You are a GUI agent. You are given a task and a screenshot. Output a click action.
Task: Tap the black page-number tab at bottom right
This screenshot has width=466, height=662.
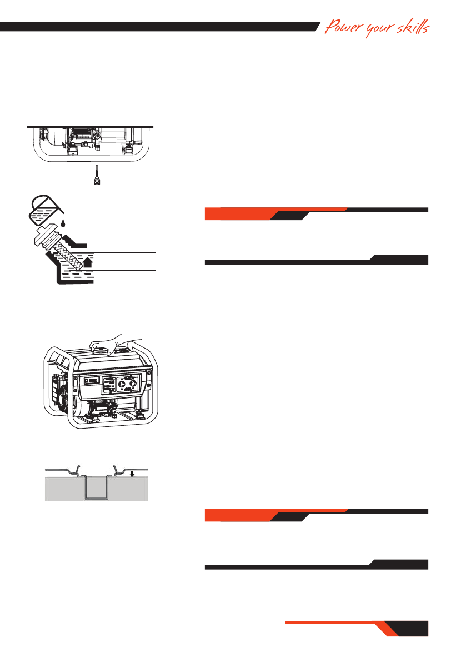tap(414, 628)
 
